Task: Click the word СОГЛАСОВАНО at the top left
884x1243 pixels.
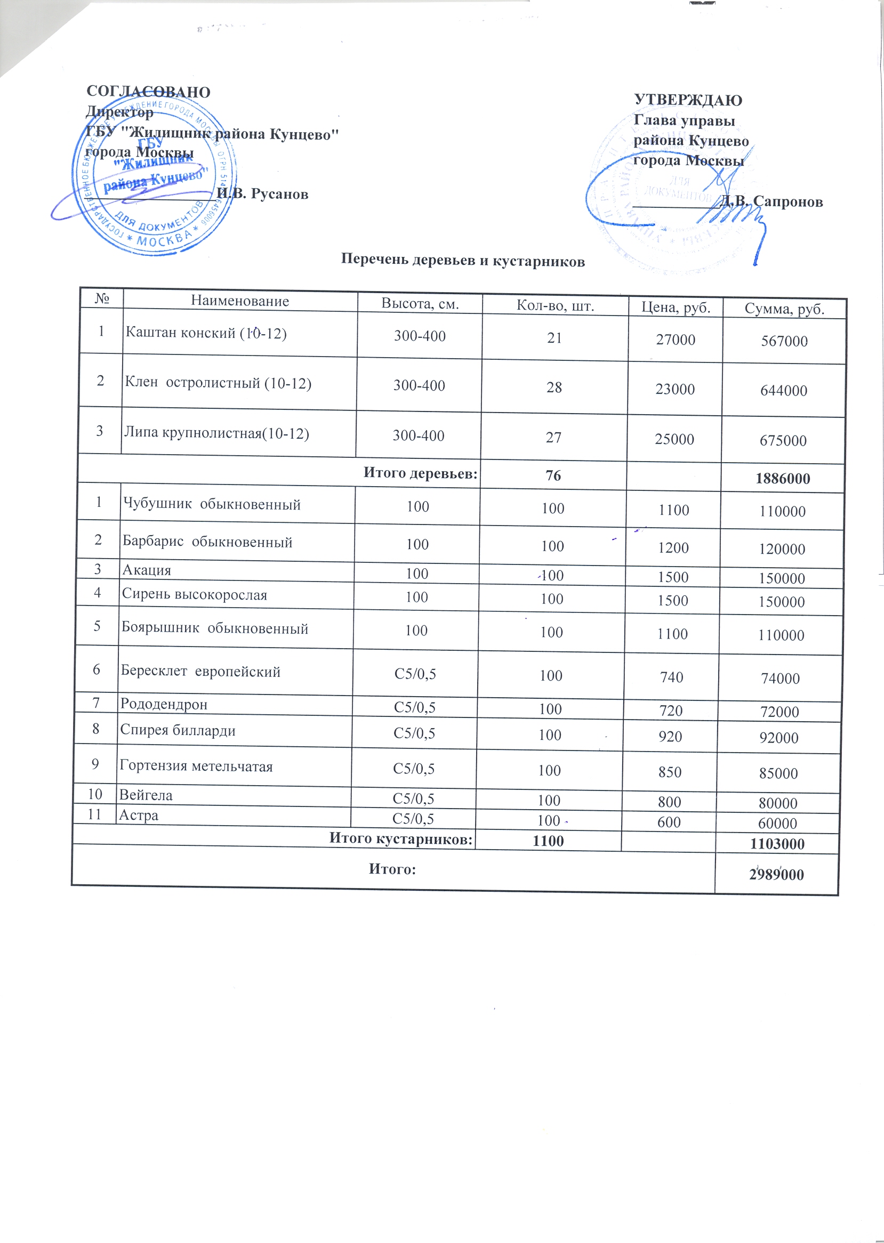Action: [x=148, y=92]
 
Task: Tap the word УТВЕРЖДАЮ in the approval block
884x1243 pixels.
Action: [x=688, y=100]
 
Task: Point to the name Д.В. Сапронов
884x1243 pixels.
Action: [x=772, y=202]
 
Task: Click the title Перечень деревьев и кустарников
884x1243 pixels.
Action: [x=463, y=261]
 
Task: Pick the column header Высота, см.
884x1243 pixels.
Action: [x=420, y=304]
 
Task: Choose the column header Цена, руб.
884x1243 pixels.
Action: [x=676, y=308]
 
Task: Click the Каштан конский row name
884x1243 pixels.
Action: [x=206, y=333]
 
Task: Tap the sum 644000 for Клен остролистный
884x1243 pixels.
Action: [x=783, y=391]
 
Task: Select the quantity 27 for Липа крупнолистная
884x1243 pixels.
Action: [x=553, y=438]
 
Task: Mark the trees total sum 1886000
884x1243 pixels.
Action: [x=783, y=479]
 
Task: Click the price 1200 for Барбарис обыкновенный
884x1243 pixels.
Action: [x=673, y=548]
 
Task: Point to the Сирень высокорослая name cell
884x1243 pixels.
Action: [x=194, y=595]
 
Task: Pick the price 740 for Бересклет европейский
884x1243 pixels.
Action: [x=672, y=677]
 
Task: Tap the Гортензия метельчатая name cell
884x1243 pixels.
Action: [x=196, y=767]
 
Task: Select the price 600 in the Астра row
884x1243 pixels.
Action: [x=669, y=822]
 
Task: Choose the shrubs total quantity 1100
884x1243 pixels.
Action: [x=548, y=841]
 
